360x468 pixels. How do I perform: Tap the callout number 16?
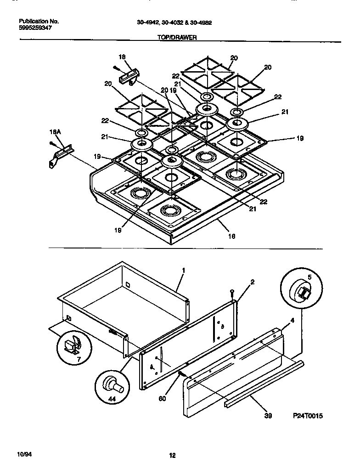pos(232,236)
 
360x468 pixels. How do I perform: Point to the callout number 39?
pos(269,416)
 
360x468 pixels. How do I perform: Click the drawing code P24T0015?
pos(309,416)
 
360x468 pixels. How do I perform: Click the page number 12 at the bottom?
pos(172,456)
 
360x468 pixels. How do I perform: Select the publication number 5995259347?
pos(36,28)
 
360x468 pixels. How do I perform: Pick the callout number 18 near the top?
pos(122,57)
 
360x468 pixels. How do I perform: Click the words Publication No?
pos(39,21)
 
